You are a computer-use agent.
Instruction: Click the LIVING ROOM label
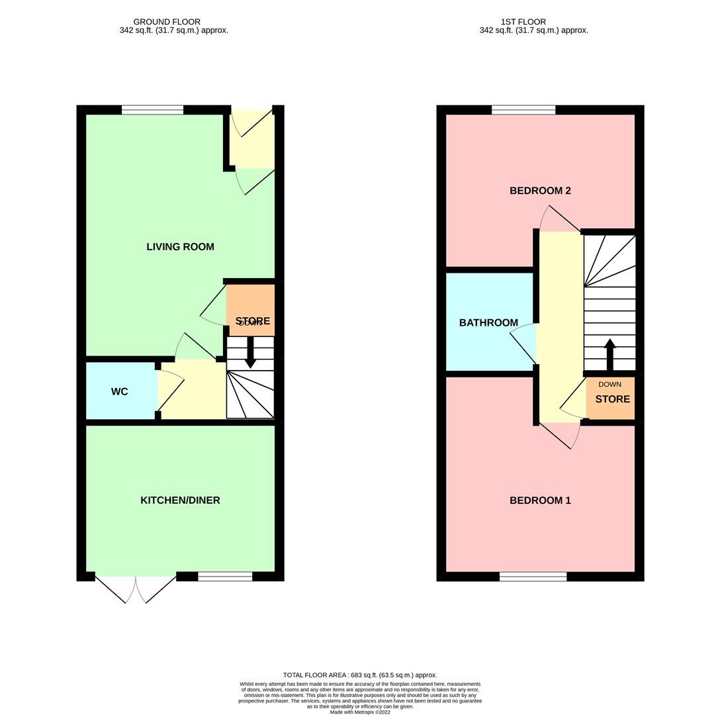click(x=180, y=247)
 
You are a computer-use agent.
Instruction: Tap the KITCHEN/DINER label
click(x=180, y=501)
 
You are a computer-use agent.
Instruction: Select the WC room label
click(x=119, y=392)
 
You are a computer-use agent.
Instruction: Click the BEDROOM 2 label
click(x=540, y=191)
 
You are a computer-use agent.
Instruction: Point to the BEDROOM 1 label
click(x=540, y=501)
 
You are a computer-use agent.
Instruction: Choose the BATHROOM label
click(x=488, y=323)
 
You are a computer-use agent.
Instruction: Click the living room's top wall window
click(x=152, y=110)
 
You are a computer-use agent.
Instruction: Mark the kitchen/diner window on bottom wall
click(x=225, y=577)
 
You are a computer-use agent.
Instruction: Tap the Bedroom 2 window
click(x=523, y=110)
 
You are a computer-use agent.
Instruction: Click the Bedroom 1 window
click(x=533, y=577)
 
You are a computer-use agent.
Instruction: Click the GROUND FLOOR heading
click(x=167, y=22)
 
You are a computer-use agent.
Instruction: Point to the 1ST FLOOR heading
click(x=523, y=22)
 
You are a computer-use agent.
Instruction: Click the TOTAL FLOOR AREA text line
click(x=360, y=675)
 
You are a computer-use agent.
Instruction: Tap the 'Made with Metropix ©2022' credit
click(x=360, y=712)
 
